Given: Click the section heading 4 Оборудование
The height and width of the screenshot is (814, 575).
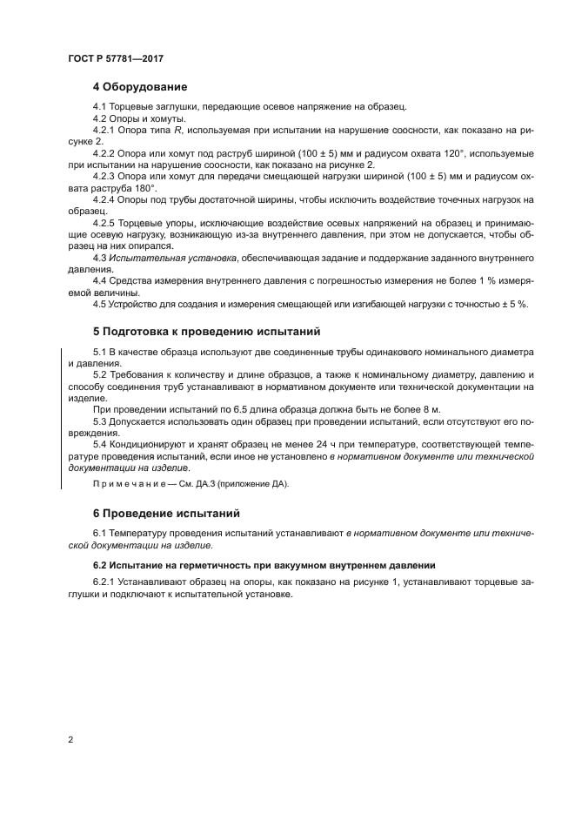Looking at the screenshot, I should pos(140,87).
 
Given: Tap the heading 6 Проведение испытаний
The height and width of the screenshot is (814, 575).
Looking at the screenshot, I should pos(166,513).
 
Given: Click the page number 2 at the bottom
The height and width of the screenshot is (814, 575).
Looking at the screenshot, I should pos(70,740).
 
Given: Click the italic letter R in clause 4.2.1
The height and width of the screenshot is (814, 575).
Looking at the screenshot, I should pos(178,130).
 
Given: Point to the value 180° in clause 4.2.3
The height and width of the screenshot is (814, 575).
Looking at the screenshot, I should pos(142,187).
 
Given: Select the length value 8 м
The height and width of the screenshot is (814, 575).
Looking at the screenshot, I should pos(432,409).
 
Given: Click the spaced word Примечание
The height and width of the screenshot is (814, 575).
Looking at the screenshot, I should pos(130,484).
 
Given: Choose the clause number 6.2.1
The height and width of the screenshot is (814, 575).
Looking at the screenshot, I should pos(104,583).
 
